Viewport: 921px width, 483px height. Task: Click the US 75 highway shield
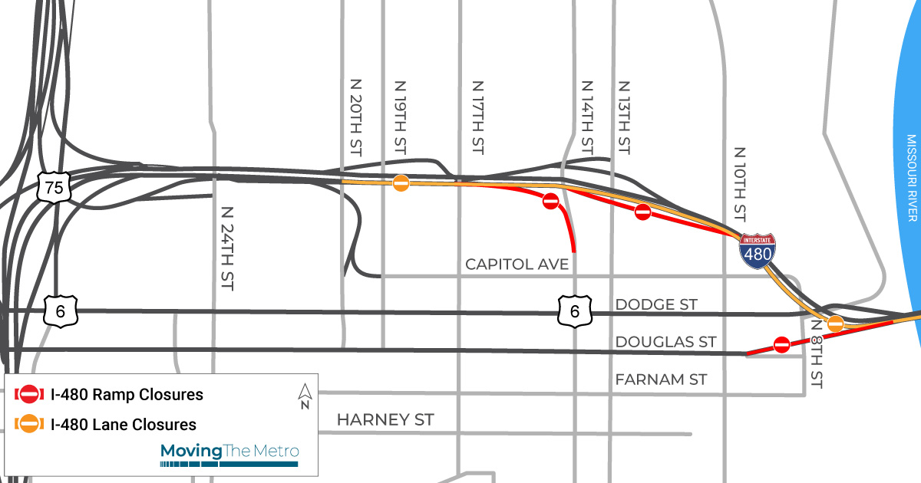coord(54,186)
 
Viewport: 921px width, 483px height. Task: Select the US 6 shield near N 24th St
coord(58,310)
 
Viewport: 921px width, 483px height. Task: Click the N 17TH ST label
coord(477,117)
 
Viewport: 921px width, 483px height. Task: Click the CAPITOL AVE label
coord(517,264)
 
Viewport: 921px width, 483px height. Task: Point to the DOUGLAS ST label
coord(665,341)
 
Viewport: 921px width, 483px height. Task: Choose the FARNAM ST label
coord(661,379)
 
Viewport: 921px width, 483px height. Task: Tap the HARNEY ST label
coord(385,420)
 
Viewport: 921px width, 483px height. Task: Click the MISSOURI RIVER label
coord(911,178)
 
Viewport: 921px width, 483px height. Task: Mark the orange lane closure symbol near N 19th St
coord(401,182)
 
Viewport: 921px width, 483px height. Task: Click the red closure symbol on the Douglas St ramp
coord(782,344)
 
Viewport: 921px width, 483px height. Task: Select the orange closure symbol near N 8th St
coord(835,324)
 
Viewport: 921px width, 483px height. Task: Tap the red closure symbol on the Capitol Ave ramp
coord(550,202)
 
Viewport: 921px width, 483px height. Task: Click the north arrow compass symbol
coord(305,396)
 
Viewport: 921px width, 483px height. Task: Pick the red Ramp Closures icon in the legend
coord(29,395)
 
